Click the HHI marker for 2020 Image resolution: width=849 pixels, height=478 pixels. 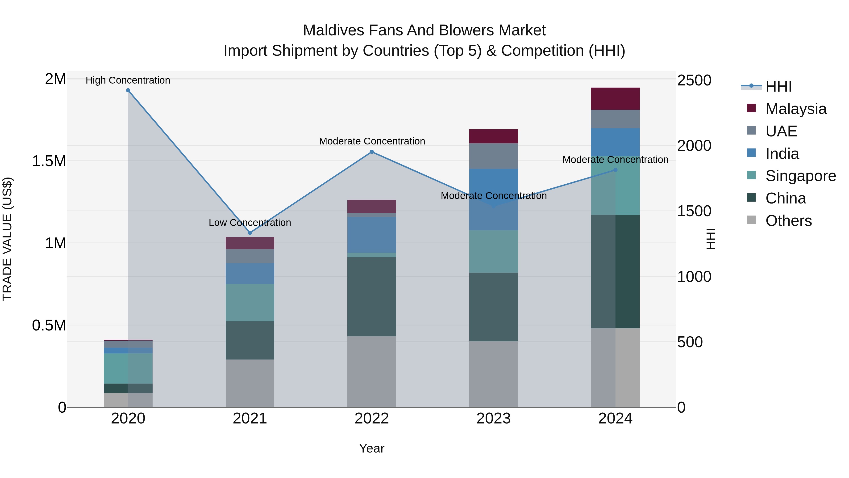click(x=128, y=90)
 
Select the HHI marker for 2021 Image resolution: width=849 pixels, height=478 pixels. click(x=250, y=233)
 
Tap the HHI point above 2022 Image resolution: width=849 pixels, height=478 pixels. click(x=372, y=152)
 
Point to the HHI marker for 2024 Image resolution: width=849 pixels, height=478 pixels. click(x=615, y=170)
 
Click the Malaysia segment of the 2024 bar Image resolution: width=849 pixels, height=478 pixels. click(x=615, y=99)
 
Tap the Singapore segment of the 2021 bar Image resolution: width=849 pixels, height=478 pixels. click(x=250, y=303)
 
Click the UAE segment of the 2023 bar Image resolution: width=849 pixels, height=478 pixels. click(x=493, y=156)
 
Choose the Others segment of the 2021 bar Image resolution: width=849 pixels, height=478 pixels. click(x=250, y=383)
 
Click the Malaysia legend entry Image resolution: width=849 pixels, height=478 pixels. click(x=796, y=109)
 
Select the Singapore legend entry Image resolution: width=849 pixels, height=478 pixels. click(x=800, y=176)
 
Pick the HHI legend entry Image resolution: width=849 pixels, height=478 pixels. click(x=778, y=86)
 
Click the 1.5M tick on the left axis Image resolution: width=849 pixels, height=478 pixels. click(x=49, y=161)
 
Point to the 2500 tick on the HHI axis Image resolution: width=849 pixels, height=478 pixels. click(x=694, y=80)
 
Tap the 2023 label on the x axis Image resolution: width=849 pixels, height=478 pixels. click(x=493, y=419)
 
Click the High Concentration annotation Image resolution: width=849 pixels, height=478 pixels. click(x=128, y=80)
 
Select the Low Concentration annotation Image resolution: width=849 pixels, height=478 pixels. click(x=250, y=223)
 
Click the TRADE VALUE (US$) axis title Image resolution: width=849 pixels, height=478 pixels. click(x=8, y=239)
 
